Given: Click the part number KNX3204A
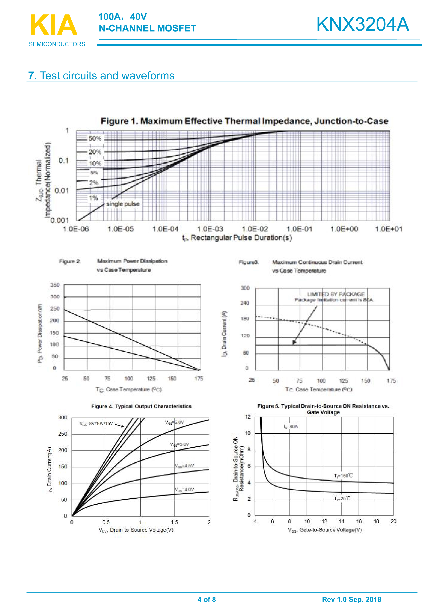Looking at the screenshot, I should pos(362,24).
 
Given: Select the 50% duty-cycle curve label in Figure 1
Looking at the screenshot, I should pos(95,139).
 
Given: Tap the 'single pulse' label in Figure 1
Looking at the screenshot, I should pos(123,204).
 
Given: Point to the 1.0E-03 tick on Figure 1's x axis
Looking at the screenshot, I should pos(210,229).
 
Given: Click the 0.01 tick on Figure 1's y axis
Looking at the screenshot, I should pos(62,191).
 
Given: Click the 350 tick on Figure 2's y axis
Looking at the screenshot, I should pos(55,285).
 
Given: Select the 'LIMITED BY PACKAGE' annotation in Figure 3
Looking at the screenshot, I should pos(336,294).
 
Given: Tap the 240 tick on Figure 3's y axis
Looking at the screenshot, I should pos(245,303).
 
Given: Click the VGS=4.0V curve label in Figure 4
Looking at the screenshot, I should pos(184,490).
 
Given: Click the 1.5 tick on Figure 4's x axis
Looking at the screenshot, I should pos(174,522).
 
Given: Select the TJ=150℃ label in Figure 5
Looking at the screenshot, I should pos(343,476).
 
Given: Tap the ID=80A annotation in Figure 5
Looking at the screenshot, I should pos(291,427).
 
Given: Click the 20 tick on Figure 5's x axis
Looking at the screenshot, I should pos(393,521).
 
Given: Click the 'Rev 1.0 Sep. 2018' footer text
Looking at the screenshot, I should pos(351,599).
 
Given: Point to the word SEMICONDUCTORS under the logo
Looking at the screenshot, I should pos(57,44).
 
